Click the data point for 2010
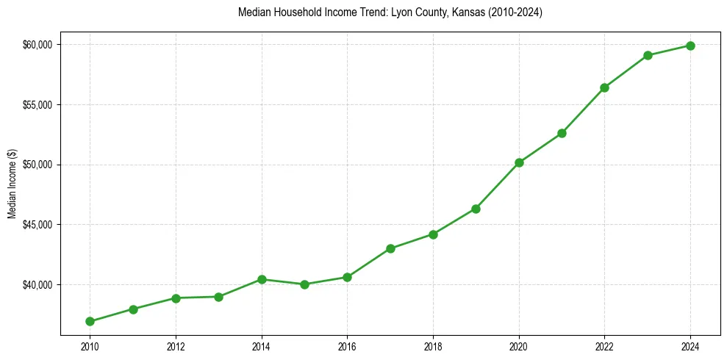[x=90, y=321]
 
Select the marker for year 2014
[x=262, y=279]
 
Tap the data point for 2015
[x=304, y=284]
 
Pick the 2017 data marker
[x=390, y=248]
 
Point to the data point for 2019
[x=476, y=209]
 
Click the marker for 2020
[x=519, y=162]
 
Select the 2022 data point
[x=605, y=87]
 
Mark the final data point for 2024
[x=691, y=46]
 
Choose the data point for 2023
[x=648, y=55]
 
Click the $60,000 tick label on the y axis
[x=37, y=45]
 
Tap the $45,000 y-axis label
[x=37, y=225]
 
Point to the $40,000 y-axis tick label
[x=37, y=285]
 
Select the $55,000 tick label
[x=37, y=105]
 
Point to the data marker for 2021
[x=562, y=133]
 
